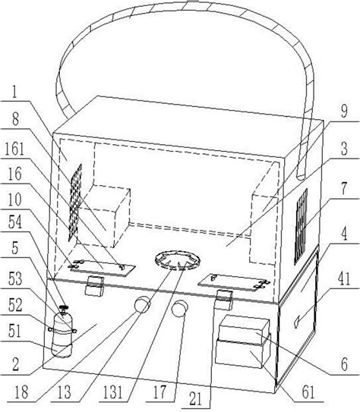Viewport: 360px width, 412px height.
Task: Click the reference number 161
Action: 14,149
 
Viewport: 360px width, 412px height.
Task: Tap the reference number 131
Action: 111,392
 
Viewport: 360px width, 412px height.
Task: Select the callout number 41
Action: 344,278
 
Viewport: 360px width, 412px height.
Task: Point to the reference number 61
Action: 308,392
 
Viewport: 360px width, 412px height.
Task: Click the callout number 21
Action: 195,398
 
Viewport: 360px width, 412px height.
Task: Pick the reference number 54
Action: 14,222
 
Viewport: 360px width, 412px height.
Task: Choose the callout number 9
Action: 344,111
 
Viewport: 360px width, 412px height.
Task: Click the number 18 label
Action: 21,392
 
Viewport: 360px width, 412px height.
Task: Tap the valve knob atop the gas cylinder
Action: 62,308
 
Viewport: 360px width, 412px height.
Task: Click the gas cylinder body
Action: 62,335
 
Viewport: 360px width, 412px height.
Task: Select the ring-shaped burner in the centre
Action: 178,260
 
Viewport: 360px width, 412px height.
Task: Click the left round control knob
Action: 142,304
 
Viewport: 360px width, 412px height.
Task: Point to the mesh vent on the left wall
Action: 75,203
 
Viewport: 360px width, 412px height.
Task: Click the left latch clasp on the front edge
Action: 94,285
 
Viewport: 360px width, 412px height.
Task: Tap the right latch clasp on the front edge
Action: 224,299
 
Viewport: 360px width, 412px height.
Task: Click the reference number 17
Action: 159,392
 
